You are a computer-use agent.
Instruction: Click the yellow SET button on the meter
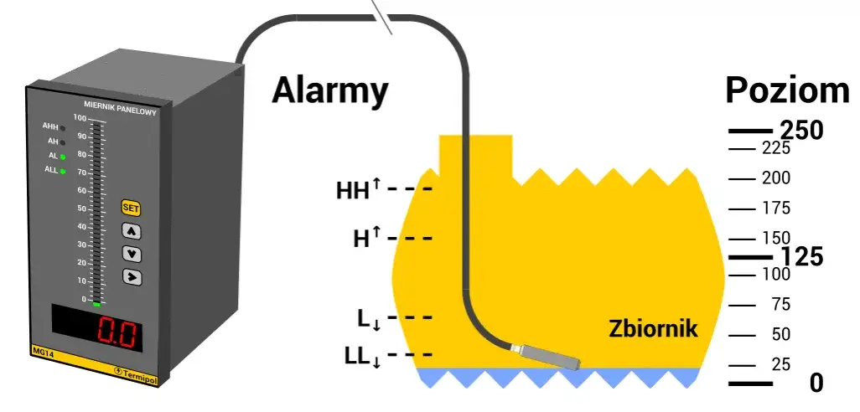[x=131, y=207]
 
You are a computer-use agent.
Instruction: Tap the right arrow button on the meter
[x=132, y=276]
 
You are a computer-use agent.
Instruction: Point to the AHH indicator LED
[x=63, y=127]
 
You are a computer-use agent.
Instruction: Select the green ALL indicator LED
[x=63, y=171]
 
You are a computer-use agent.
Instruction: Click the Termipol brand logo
[x=137, y=368]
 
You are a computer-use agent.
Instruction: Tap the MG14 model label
[x=43, y=350]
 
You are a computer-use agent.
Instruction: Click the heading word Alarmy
[x=329, y=90]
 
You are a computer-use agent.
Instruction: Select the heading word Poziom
[x=787, y=90]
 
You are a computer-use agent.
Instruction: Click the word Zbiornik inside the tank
[x=652, y=328]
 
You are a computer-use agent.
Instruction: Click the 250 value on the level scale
[x=802, y=131]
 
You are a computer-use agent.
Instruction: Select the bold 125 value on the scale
[x=802, y=257]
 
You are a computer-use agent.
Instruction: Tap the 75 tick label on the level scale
[x=780, y=305]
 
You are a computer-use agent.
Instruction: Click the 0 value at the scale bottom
[x=816, y=384]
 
